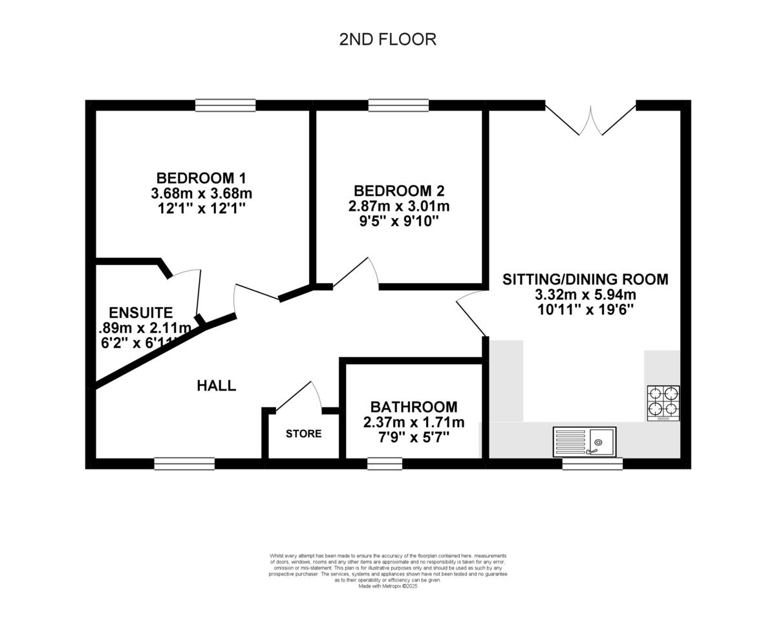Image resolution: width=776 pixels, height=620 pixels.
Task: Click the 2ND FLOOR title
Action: point(387,39)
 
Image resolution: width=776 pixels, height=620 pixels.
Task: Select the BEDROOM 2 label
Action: point(399,191)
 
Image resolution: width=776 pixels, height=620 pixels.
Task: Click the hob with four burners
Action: point(663,403)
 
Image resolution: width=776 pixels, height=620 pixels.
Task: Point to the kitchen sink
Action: point(584,442)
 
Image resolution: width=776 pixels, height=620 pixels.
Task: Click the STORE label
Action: point(303,434)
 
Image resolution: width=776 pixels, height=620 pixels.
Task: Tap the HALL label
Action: point(216,386)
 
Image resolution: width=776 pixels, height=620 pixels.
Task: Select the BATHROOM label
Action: point(413,407)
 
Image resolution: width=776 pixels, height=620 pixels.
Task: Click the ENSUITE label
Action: point(140,313)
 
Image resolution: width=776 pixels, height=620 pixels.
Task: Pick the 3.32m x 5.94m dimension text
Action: point(585,295)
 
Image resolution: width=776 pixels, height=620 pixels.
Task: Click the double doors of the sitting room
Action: point(590,120)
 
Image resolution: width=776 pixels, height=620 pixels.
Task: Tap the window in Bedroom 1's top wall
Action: point(225,105)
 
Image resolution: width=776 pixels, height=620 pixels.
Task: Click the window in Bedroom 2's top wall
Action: point(398,105)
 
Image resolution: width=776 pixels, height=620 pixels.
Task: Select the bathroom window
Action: point(385,464)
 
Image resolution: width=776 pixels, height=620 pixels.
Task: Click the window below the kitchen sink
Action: point(592,464)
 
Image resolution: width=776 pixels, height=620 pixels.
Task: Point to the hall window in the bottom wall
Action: point(184,464)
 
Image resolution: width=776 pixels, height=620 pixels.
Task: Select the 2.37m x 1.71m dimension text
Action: point(413,423)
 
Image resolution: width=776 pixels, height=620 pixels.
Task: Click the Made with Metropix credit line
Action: point(388,586)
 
